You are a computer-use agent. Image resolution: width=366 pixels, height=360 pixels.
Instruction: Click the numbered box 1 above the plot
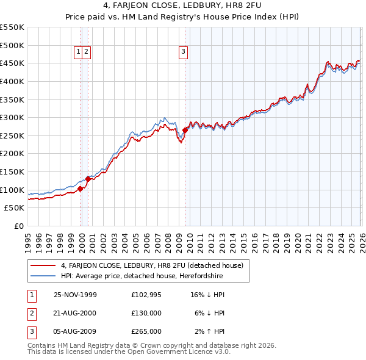(79, 52)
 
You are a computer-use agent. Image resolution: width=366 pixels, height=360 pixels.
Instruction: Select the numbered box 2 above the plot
(87, 52)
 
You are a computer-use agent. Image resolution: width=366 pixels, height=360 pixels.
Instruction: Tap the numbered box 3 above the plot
(183, 52)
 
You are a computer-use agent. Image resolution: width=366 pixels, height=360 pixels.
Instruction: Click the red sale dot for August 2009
(185, 130)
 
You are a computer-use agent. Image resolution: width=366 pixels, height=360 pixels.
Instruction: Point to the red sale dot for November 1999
(81, 189)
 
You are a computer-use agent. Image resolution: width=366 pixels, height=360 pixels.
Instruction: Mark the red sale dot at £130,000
(88, 179)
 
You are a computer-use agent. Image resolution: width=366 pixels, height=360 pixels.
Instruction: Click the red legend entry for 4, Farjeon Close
(152, 265)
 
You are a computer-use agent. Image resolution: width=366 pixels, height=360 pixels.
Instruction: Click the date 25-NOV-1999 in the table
(75, 295)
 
